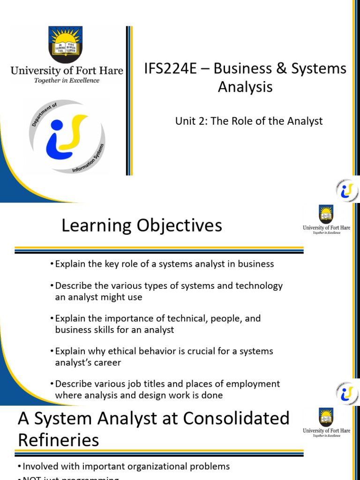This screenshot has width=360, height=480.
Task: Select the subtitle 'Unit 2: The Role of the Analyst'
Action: pos(249,121)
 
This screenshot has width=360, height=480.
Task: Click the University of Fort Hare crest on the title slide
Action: pos(67,45)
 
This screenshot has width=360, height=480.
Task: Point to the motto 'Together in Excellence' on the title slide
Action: pos(67,81)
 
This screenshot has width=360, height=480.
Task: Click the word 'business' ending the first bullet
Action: pos(256,264)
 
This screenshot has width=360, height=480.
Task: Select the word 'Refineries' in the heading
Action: pos(59,440)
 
